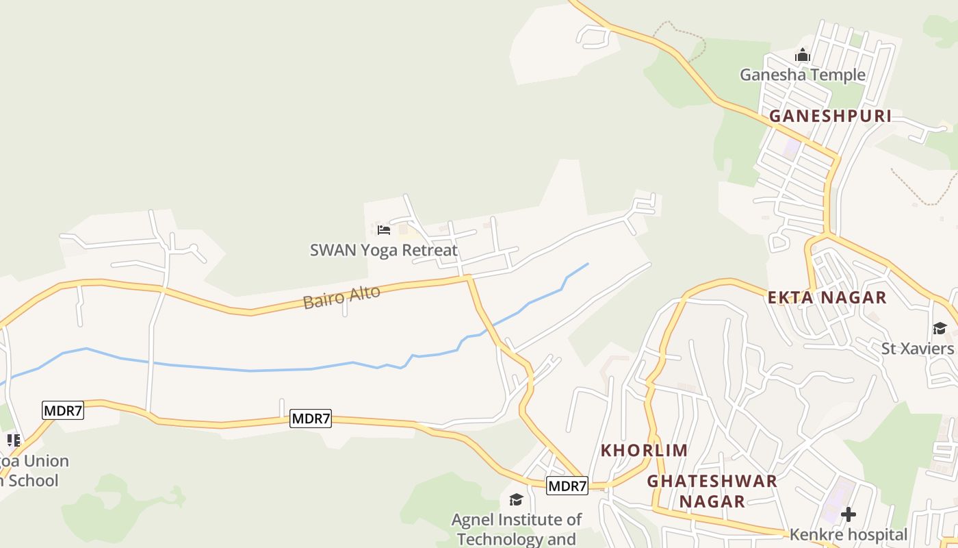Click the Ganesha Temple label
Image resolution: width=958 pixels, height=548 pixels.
pos(802,75)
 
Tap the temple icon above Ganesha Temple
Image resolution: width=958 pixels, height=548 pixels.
pos(802,55)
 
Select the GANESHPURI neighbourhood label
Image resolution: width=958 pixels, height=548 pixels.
pos(830,116)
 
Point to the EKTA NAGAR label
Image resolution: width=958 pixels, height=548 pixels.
pos(827,297)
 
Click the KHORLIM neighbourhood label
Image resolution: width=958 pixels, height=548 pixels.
pos(644,450)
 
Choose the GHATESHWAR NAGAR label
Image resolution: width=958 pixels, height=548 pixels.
pos(712,491)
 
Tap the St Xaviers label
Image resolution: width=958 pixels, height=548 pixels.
pos(917,349)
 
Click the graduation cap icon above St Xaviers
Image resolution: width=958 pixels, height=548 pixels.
pos(939,329)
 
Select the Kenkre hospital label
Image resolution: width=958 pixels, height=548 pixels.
pos(849,535)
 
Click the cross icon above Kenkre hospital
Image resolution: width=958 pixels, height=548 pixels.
pos(849,514)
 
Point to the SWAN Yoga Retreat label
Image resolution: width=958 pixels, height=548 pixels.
pos(383,250)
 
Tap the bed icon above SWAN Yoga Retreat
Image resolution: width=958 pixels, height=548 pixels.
pos(384,230)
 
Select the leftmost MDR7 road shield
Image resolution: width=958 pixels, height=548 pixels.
pos(63,411)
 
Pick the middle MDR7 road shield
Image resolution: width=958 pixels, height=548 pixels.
pos(311,419)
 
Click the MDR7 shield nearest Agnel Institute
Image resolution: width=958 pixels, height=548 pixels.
pos(567,486)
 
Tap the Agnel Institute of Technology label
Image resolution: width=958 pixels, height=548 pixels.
pos(517,529)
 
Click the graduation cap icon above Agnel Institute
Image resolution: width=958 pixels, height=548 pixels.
pos(517,499)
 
